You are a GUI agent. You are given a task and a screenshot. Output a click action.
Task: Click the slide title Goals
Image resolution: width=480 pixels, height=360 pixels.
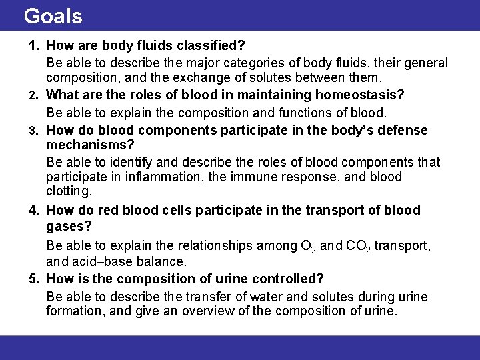point(53,15)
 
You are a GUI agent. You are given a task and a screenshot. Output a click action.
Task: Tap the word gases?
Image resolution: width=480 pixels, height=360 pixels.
point(69,227)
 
